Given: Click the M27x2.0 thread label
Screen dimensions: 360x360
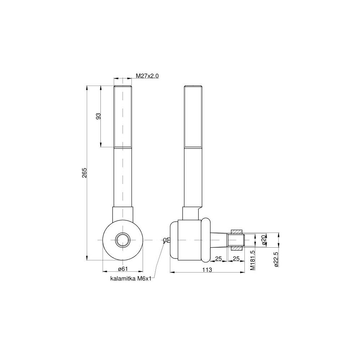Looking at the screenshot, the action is click(147, 76).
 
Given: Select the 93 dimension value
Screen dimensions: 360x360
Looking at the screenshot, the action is click(98, 116).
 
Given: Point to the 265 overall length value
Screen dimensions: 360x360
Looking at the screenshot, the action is click(84, 173).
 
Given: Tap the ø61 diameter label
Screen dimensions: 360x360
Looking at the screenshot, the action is click(123, 269).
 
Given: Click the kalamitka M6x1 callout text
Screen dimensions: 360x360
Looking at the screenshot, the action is click(131, 279).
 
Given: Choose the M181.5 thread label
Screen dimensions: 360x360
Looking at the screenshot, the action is click(252, 260).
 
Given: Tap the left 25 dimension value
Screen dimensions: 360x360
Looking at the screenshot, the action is click(219, 258).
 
